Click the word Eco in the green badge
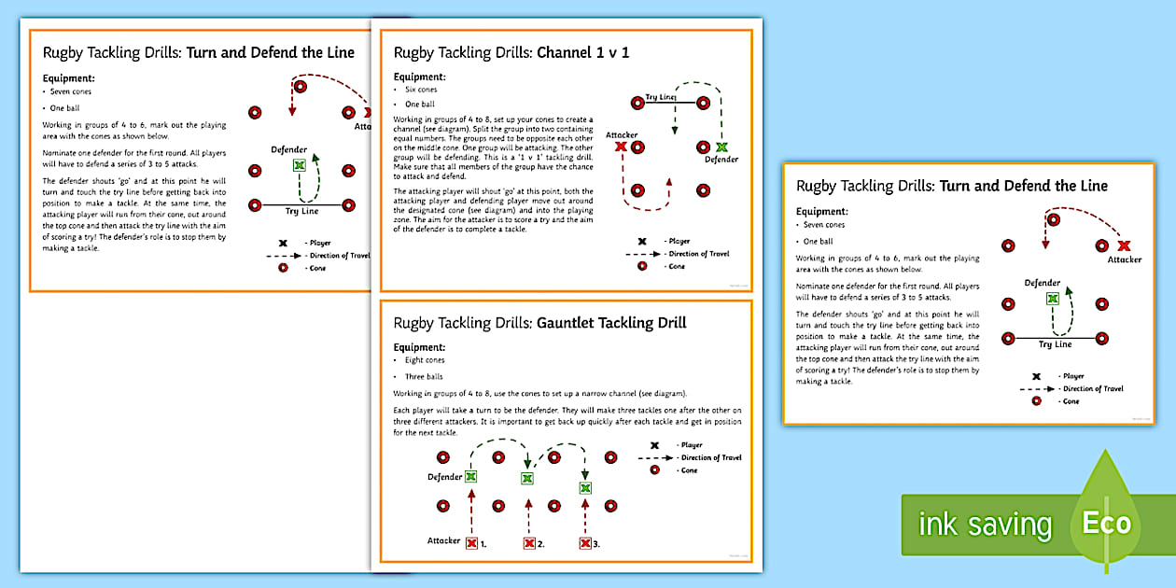pyautogui.click(x=1106, y=523)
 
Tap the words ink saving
pyautogui.click(x=985, y=525)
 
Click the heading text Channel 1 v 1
pyautogui.click(x=582, y=52)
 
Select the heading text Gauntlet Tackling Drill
pyautogui.click(x=611, y=323)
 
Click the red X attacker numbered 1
pyautogui.click(x=471, y=543)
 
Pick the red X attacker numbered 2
pyautogui.click(x=529, y=543)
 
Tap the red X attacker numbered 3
pyautogui.click(x=585, y=543)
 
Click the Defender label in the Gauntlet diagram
pyautogui.click(x=445, y=477)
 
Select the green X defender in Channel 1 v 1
pyautogui.click(x=721, y=147)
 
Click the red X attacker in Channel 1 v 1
pyautogui.click(x=621, y=147)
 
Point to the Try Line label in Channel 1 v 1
pyautogui.click(x=660, y=97)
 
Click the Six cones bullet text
pyautogui.click(x=421, y=90)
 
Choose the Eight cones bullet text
pyautogui.click(x=424, y=360)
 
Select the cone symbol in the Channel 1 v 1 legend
pyautogui.click(x=641, y=266)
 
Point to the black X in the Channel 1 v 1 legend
pyautogui.click(x=641, y=241)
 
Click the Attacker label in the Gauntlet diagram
pyautogui.click(x=443, y=540)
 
